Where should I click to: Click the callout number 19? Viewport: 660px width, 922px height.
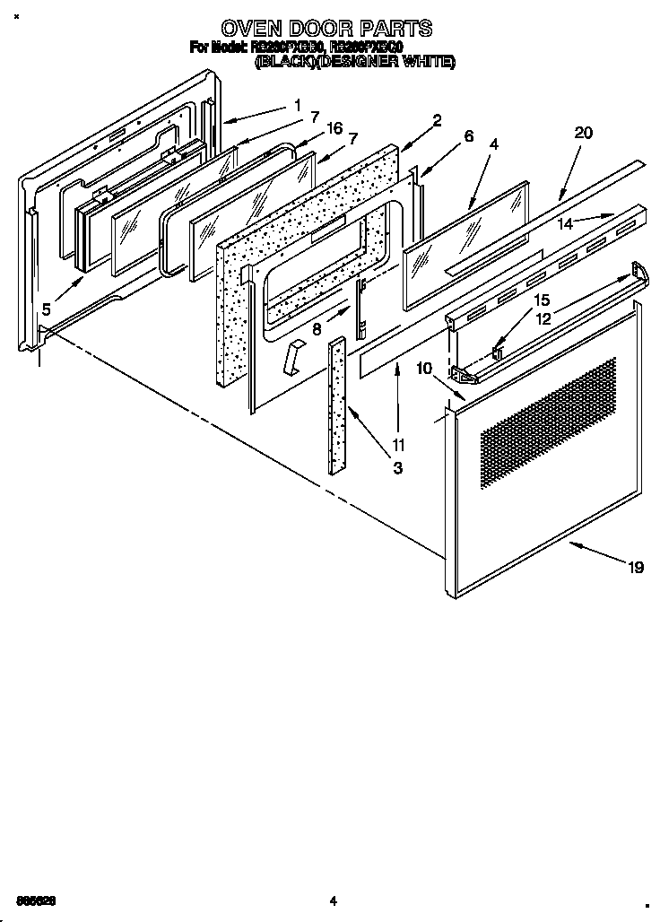635,567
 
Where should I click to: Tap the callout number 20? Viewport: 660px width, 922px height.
583,133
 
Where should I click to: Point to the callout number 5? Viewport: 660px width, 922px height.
45,309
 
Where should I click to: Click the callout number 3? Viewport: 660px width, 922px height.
397,467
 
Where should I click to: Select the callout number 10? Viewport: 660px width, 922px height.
424,368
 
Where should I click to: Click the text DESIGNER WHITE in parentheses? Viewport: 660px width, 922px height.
404,62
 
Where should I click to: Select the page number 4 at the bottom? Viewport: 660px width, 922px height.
332,900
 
